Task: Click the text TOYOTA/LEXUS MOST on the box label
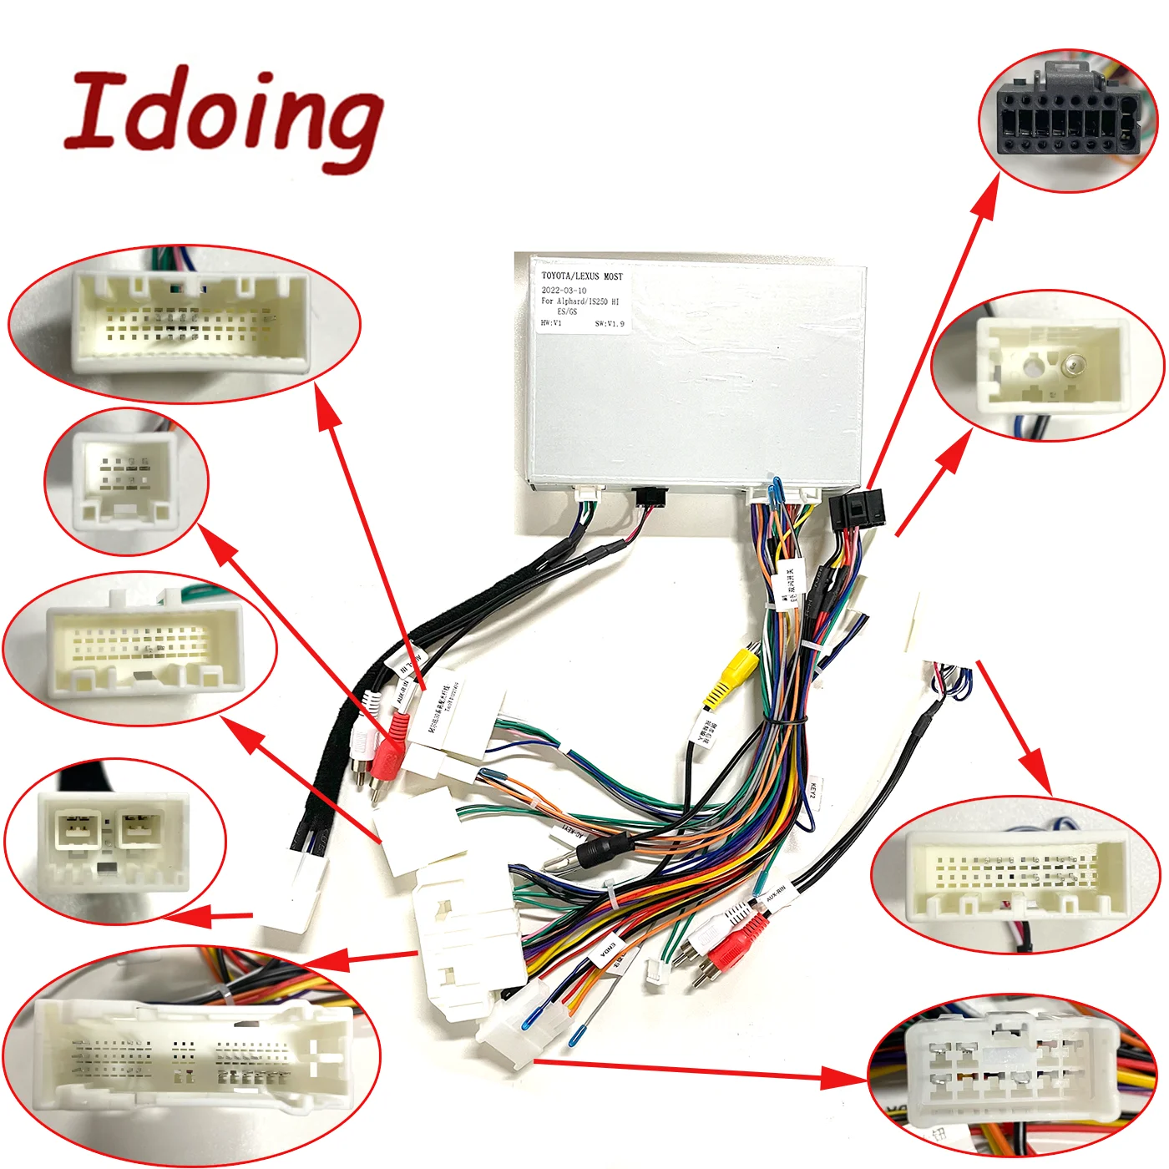[581, 276]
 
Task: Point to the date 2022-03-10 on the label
[564, 291]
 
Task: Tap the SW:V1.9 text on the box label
[609, 324]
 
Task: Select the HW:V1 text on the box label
[551, 323]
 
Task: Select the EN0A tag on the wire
[607, 952]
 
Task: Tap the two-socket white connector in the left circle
[113, 839]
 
